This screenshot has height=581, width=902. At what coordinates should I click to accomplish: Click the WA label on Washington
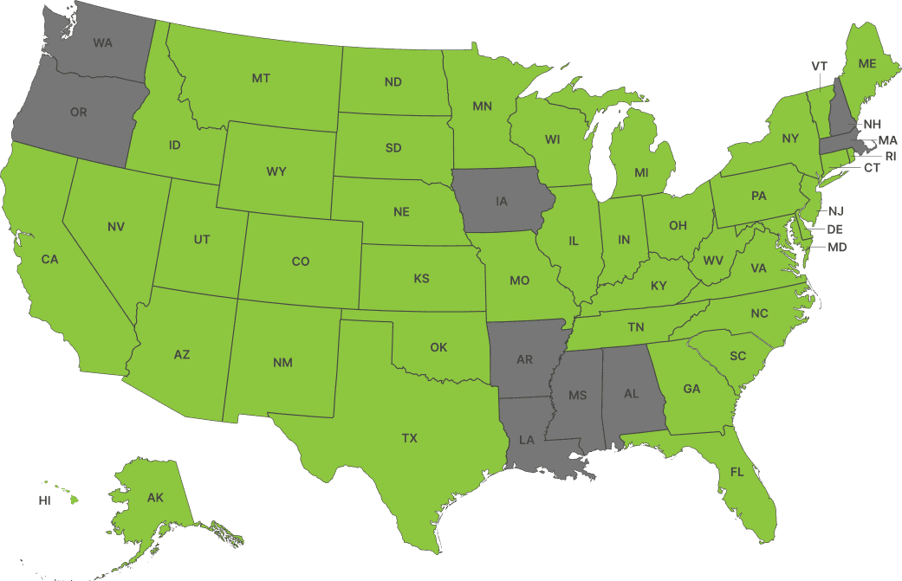pos(102,42)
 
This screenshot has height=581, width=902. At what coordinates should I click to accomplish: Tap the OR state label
pos(78,113)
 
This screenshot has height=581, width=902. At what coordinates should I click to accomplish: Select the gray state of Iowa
pos(502,201)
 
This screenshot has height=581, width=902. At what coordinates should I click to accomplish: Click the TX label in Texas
pos(410,438)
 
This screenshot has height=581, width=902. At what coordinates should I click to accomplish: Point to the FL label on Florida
pos(737,472)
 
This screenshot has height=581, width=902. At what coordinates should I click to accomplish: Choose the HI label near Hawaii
pos(44,500)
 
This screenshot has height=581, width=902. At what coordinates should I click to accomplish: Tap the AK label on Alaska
pos(155,498)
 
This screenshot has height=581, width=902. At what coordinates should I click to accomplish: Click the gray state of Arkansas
pos(524,359)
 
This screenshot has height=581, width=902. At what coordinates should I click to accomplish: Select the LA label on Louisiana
pos(527,440)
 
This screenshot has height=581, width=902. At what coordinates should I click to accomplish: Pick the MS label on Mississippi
pos(578,396)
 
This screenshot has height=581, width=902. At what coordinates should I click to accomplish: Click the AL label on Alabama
pos(632,393)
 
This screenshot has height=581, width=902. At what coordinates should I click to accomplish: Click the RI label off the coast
pos(890,156)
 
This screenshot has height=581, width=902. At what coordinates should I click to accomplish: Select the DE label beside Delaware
pos(834,229)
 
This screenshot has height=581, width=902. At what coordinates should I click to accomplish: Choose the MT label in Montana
pos(261,78)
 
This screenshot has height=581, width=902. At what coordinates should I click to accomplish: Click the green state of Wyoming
pos(276,171)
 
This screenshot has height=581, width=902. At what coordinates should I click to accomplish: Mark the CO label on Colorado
pos(301,261)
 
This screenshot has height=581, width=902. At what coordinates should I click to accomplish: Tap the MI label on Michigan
pos(641,173)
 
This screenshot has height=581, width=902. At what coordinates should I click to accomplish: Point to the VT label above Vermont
pos(819,67)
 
